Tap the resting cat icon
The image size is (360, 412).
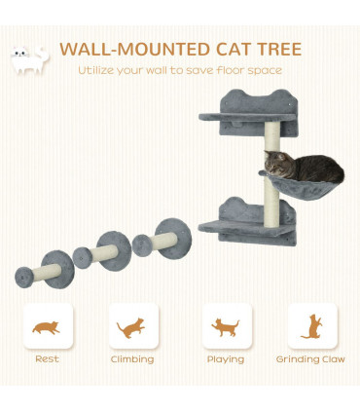pos(46,327)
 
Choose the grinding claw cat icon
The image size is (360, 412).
pos(312,327)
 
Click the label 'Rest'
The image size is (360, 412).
pos(47,359)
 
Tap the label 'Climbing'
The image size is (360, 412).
pos(133,359)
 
